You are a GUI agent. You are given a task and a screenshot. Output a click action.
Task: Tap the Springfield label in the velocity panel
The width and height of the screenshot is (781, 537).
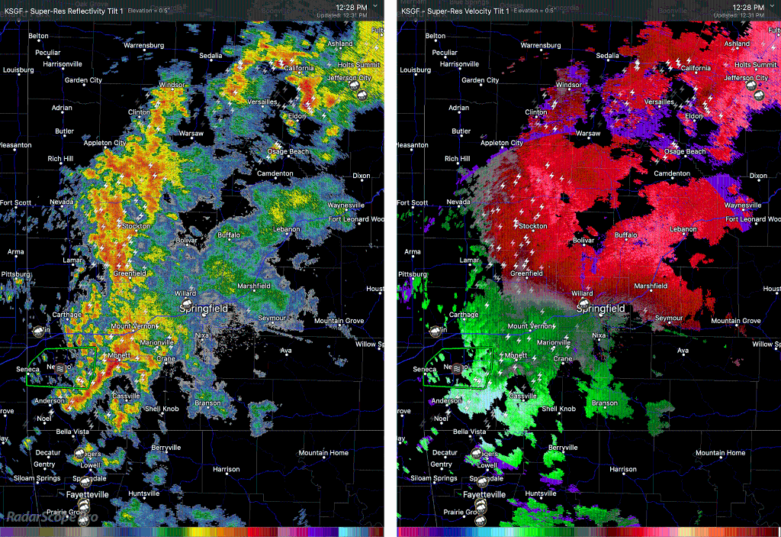tap(601, 309)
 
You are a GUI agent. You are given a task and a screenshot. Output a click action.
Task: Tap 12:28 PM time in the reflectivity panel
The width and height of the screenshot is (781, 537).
tap(352, 7)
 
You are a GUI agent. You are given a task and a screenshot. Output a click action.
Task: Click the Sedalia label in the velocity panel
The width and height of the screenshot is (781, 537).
tap(607, 56)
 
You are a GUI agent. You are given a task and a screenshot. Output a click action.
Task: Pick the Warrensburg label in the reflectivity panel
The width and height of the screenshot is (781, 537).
tap(143, 45)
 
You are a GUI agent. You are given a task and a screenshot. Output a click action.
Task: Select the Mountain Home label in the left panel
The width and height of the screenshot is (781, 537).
tap(323, 453)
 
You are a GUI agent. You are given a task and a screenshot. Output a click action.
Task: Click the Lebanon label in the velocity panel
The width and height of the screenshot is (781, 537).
tap(683, 229)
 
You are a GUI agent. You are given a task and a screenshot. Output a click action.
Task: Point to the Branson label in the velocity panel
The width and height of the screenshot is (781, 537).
tap(605, 403)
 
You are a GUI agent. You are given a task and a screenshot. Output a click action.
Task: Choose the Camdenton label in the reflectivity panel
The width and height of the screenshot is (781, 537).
tap(275, 173)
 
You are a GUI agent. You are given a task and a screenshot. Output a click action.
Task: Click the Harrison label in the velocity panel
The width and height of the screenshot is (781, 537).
tap(623, 469)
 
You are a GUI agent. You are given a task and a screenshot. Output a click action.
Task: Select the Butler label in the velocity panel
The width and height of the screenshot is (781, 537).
tap(461, 131)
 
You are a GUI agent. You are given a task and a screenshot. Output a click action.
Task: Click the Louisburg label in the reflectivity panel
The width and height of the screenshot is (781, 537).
tap(18, 70)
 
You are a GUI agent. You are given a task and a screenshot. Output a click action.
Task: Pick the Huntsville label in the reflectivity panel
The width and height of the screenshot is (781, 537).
tap(144, 493)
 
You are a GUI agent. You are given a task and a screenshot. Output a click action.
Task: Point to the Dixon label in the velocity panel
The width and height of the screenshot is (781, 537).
tap(758, 176)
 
